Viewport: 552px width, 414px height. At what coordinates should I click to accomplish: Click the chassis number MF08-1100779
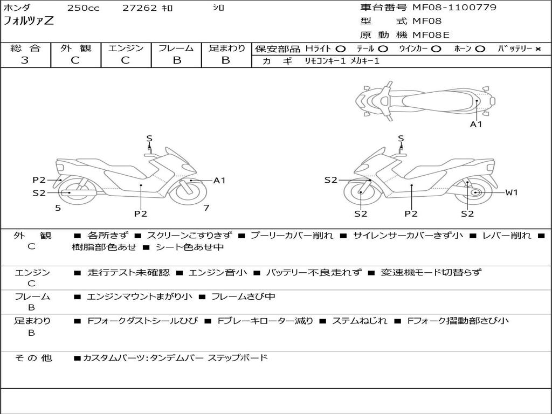coord(454,8)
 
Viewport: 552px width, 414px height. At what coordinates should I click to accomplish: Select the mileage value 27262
coord(140,8)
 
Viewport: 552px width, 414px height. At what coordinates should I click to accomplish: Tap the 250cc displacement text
coord(83,8)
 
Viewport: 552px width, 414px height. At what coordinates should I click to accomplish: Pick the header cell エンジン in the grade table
coord(126,49)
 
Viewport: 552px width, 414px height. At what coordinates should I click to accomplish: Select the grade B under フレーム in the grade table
coord(176,60)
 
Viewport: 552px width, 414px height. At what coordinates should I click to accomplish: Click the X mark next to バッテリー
coord(537,49)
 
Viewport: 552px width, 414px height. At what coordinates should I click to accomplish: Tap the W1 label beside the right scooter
coord(511,192)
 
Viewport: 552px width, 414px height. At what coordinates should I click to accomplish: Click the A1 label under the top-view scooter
coord(476,125)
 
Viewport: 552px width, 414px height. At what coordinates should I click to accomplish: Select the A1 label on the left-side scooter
coord(219,181)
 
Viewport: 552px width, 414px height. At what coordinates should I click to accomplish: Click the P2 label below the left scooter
coord(141,213)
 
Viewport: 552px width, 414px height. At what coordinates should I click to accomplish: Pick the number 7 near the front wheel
coord(206,208)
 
